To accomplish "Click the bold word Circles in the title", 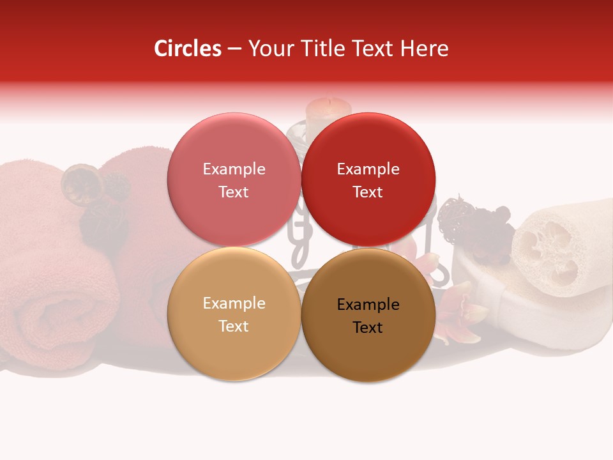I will pyautogui.click(x=187, y=49).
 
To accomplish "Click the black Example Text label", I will pyautogui.click(x=368, y=316).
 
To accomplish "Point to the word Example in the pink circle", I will pyautogui.click(x=234, y=169).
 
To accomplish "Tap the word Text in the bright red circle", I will pyautogui.click(x=368, y=192).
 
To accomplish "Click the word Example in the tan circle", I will pyautogui.click(x=234, y=303).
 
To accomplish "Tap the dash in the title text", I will pyautogui.click(x=234, y=49).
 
